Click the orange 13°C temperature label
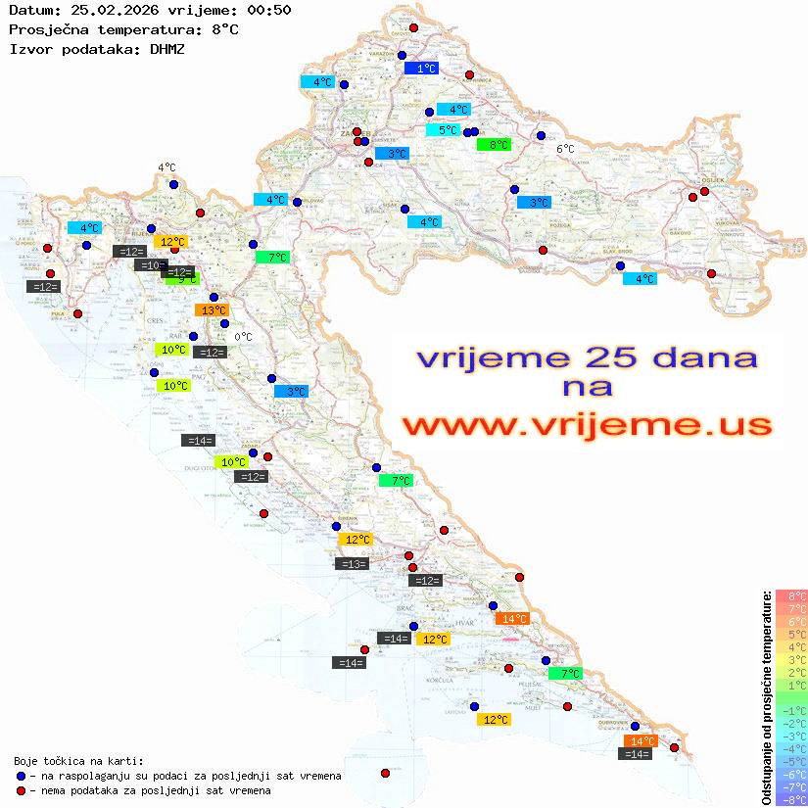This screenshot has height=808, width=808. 214,310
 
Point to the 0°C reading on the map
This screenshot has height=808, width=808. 244,337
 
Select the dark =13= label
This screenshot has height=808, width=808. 352,563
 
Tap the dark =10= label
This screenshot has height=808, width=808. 151,265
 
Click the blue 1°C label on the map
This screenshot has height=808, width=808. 421,69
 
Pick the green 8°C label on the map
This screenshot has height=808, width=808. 494,144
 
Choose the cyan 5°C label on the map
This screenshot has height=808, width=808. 443,130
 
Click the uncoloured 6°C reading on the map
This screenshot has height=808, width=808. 565,149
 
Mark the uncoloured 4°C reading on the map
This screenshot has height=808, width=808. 166,167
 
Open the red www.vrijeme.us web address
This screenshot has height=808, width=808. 586,426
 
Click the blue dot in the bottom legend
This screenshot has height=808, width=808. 21,776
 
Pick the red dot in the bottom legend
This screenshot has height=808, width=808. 21,790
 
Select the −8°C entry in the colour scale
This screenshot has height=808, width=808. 790,799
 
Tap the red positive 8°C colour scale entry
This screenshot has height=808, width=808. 790,595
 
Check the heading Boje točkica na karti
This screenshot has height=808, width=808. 78,761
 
